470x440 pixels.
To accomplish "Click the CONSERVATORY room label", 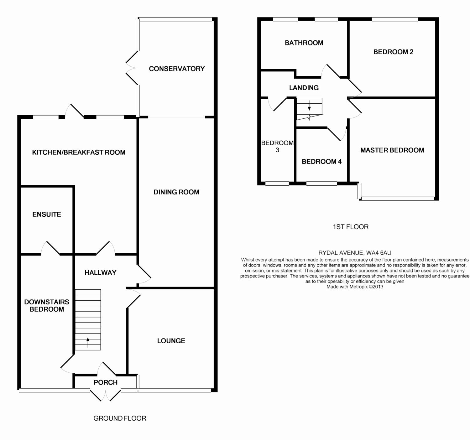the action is tap(176, 69).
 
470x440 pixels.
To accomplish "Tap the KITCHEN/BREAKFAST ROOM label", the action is tap(79, 152).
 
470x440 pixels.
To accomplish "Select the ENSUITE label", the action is tap(47, 214).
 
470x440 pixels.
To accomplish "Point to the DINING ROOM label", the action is tap(176, 192).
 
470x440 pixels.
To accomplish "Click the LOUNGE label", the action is tap(171, 341).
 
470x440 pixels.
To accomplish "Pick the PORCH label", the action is tap(106, 382).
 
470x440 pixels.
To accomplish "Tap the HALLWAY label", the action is tap(101, 272).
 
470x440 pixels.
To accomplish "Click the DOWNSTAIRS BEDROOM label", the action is tap(47, 305).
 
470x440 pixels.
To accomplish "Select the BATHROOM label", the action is tap(304, 43).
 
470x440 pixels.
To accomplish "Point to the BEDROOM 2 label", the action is tap(393, 52).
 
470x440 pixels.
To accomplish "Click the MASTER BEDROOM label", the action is tap(392, 150).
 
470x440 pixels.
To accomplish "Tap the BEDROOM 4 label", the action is tap(321, 162).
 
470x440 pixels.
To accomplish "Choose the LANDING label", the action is tap(304, 88).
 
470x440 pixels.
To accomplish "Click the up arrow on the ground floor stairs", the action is tap(88, 342).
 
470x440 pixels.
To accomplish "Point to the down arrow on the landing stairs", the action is tap(309, 105).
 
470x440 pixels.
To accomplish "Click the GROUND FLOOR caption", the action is tap(120, 418).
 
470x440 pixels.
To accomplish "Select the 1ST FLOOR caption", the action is tap(351, 227).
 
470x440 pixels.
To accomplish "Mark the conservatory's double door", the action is tap(132, 68).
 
